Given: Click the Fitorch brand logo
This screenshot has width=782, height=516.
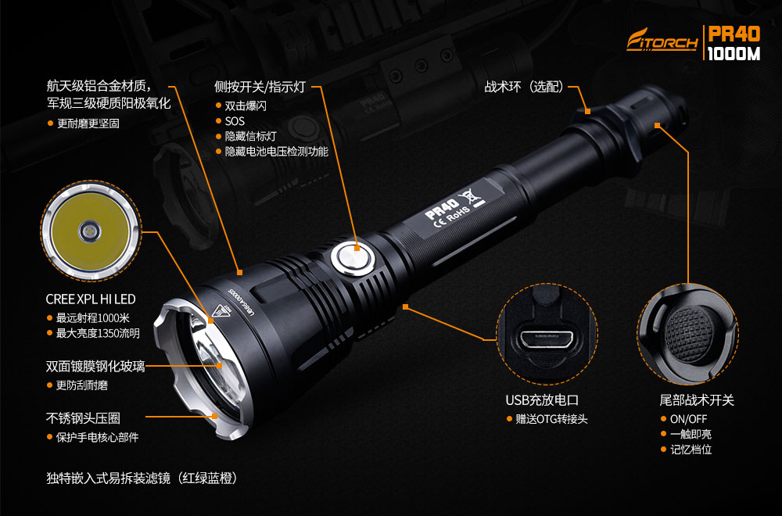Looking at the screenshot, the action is tap(662, 40).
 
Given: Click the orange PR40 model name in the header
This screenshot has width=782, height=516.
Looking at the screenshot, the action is tap(734, 34).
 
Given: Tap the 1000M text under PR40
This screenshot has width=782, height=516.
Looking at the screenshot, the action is tap(734, 53).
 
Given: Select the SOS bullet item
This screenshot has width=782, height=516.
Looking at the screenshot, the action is tap(235, 121).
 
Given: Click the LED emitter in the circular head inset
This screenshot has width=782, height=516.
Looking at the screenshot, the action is tap(90, 231).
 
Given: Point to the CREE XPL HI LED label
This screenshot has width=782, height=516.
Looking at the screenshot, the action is tap(91, 299).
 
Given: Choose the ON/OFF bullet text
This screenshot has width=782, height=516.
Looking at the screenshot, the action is tap(689, 419).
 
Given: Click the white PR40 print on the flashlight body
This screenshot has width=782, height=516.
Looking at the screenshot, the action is tap(442, 209).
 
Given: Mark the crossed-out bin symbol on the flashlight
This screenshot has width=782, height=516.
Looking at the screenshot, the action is tap(472, 195).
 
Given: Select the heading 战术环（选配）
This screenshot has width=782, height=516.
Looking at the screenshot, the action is tap(524, 87).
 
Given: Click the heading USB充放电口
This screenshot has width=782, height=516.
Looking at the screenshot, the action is tap(542, 400).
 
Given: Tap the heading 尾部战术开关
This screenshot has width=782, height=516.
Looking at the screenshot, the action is tap(697, 400).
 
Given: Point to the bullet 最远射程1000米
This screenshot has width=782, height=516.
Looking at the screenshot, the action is tap(93, 317).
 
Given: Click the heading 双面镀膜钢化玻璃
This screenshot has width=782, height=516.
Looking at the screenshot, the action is tap(95, 367).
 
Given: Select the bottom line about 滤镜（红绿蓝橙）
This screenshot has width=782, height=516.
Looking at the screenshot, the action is tap(142, 478).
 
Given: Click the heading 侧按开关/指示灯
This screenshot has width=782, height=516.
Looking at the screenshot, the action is tap(260, 87).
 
